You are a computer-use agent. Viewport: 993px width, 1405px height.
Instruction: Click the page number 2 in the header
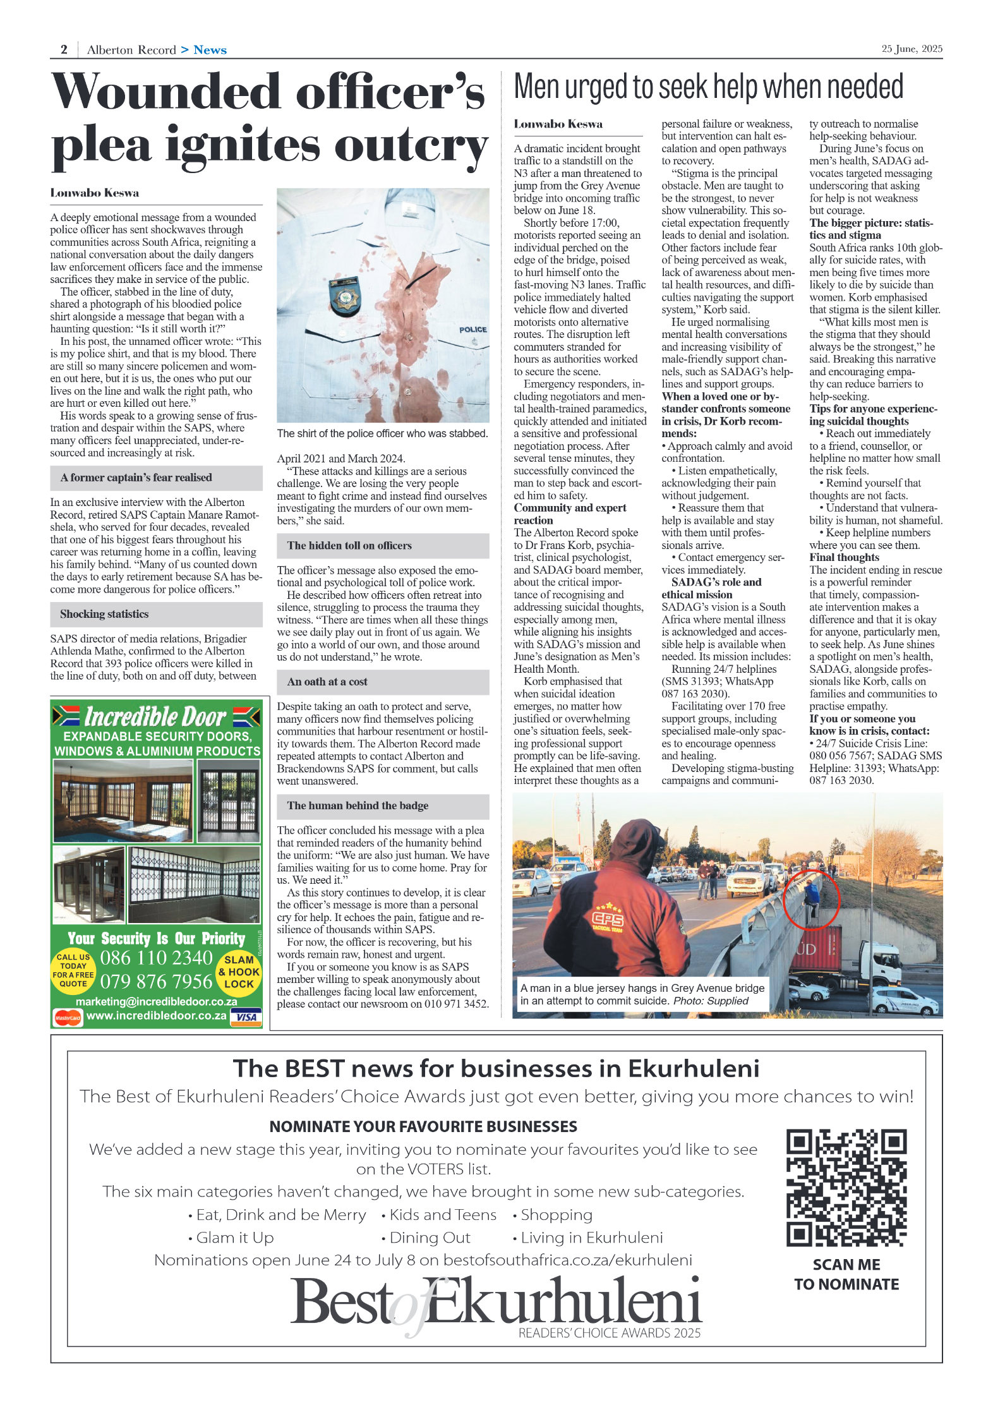(64, 50)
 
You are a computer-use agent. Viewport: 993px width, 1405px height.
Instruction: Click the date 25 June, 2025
(912, 49)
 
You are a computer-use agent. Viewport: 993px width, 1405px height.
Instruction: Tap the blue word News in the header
(210, 50)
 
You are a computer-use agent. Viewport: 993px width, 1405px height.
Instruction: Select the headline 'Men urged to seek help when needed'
(708, 87)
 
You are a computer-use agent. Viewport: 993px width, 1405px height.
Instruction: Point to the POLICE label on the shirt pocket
(472, 329)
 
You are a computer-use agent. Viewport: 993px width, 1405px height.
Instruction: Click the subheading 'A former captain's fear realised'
(136, 478)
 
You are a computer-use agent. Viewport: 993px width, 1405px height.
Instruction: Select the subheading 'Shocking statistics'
(105, 614)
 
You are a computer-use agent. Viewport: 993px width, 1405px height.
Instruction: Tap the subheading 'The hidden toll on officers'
(349, 546)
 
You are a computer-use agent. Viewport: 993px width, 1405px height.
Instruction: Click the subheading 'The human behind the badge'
(358, 805)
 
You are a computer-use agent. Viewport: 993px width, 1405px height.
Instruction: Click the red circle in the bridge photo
(811, 900)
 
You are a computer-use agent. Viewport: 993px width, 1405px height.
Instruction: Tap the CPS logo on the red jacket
(608, 920)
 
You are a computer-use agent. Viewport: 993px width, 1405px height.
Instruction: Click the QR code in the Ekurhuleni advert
(846, 1188)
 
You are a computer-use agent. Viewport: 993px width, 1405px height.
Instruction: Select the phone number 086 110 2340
(157, 958)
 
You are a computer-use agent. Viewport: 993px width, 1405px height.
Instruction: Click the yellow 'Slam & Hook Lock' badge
(239, 972)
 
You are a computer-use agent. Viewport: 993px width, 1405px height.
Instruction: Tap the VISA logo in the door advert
(246, 1016)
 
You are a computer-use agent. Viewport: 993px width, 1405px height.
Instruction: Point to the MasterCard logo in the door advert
(67, 1017)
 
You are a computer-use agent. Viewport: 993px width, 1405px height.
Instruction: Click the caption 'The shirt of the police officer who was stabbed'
(382, 433)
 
